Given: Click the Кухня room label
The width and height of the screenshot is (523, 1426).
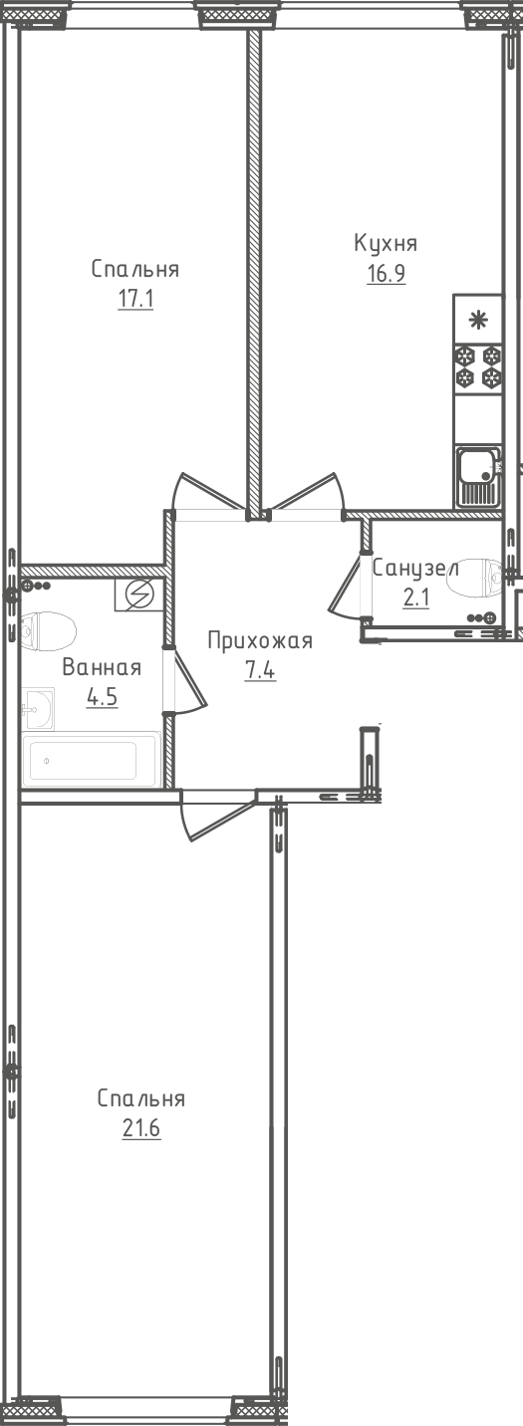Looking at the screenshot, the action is coord(386,244).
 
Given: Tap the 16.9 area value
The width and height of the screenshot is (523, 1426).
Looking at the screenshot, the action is coord(387,274).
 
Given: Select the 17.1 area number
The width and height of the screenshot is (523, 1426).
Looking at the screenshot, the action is coord(135,299).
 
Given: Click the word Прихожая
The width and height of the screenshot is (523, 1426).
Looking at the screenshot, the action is coord(261,640).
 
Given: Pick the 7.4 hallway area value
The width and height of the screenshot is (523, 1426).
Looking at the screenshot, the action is coord(261,670).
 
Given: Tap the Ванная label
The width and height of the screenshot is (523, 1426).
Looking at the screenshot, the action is coord(102,668).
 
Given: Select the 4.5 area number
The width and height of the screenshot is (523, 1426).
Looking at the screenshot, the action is coord(103,698).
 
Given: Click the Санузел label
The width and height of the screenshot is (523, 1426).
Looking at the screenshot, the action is coord(415,568).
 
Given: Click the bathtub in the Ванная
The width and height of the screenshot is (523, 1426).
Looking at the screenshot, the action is coord(91,760).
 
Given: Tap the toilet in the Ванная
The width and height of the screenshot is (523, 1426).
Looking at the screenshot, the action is coord(48,631).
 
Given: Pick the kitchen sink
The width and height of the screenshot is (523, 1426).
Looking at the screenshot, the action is coord(478,476).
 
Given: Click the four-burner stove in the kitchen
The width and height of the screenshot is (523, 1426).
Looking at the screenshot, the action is coord(478,366).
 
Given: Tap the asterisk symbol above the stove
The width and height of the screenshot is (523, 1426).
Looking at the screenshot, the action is coord(475,321).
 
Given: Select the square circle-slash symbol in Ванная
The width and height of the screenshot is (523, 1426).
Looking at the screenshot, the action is coord(139,595).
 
